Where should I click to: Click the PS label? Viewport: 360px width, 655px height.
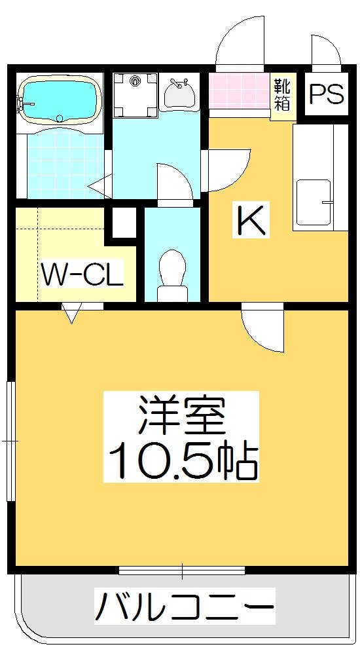tap(326, 94)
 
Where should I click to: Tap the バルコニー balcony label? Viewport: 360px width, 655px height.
tap(185, 606)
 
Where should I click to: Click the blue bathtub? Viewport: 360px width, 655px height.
tap(60, 99)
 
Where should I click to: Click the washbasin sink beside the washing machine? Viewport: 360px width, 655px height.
tap(179, 94)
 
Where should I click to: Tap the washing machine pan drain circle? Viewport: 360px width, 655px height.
tap(135, 81)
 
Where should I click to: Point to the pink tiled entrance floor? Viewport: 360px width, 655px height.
tap(240, 90)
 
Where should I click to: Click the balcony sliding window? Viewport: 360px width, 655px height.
tap(182, 571)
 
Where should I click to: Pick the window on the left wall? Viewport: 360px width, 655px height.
tap(11, 441)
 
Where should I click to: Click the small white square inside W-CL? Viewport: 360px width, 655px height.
tap(124, 223)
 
